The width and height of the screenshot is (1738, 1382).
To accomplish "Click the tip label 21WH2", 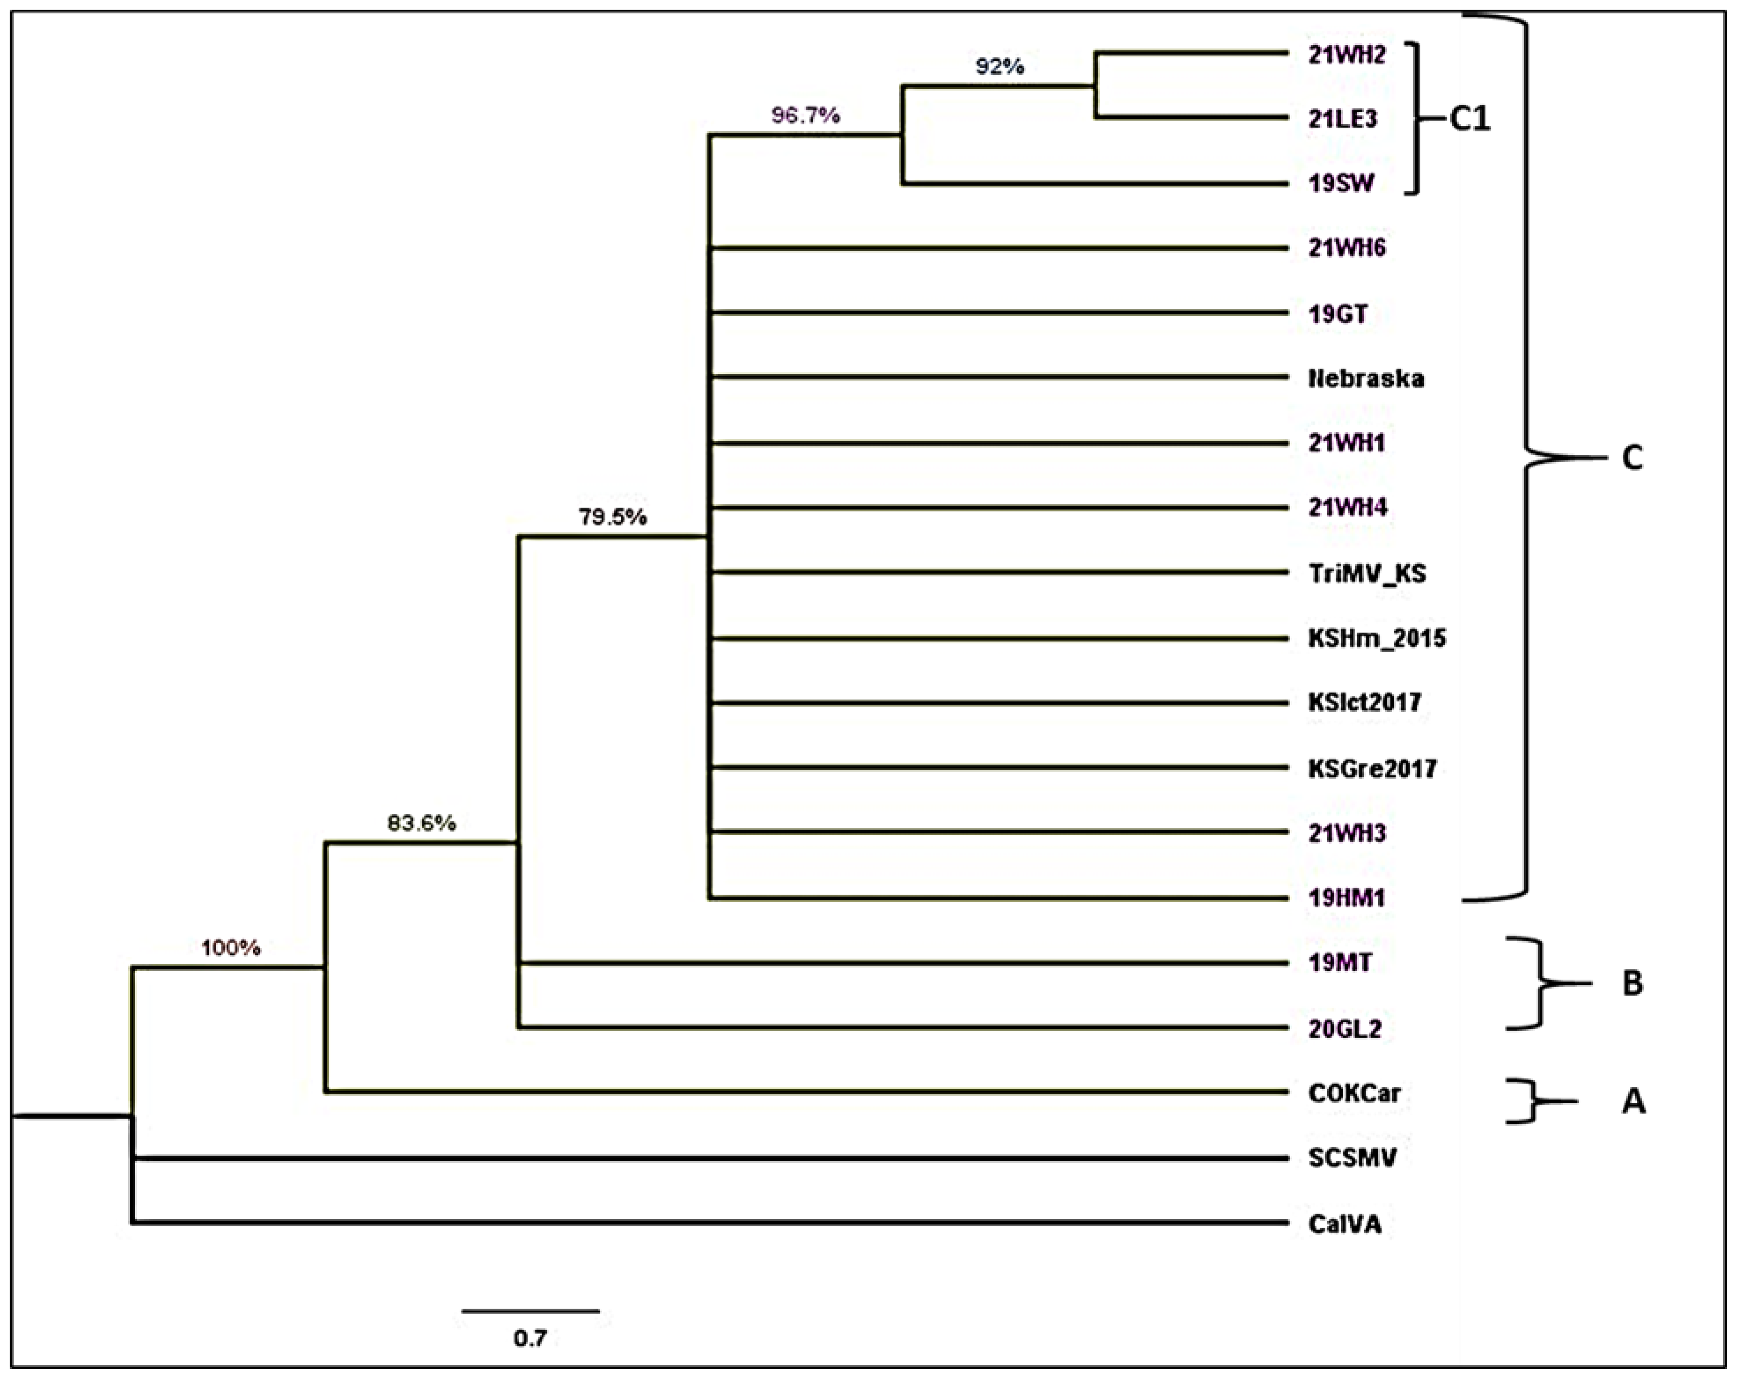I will pos(1346,55).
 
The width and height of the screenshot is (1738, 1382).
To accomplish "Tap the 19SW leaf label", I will pos(1341,184).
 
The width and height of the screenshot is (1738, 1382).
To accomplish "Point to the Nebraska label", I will pos(1366,379).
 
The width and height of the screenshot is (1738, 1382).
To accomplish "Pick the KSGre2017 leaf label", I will pos(1372,769).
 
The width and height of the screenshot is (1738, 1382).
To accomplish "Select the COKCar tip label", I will pos(1354,1093).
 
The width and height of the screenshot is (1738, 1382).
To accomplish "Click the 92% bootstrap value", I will pos(1000,67).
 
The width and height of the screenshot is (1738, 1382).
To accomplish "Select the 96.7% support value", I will pos(805,116).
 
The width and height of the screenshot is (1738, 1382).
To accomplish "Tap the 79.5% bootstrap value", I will pos(612,517).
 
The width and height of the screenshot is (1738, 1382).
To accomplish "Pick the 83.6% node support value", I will pos(422,823).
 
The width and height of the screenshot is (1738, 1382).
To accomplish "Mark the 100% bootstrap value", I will pos(231,948).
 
